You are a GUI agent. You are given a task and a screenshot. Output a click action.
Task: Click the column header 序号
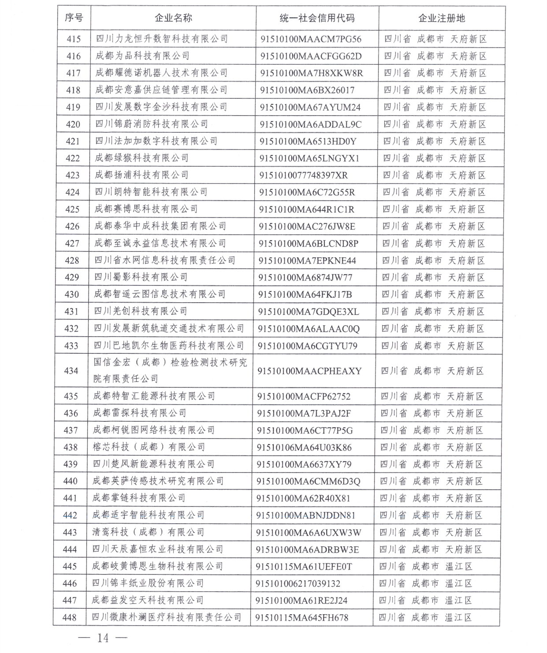74,18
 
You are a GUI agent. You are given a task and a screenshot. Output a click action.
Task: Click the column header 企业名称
173,18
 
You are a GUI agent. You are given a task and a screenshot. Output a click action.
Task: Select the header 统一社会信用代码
317,18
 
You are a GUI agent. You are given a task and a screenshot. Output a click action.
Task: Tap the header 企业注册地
441,18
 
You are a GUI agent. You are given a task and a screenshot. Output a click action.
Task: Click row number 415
74,39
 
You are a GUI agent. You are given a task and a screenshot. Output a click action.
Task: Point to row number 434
71,371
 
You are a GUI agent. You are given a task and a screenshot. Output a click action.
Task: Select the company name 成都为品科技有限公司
142,56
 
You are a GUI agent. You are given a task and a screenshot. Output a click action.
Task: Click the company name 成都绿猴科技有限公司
141,158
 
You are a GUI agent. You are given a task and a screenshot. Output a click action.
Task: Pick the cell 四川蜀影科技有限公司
141,277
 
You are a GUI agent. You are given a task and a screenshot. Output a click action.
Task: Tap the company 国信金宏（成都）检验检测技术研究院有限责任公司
170,370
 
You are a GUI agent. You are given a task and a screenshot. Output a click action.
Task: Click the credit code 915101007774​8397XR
303,175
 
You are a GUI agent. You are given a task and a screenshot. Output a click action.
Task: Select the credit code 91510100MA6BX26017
307,90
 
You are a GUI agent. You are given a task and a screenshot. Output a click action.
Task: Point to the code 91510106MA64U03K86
304,447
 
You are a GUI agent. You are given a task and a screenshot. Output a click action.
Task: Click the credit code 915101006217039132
298,583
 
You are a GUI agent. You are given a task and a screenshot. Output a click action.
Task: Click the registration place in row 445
425,567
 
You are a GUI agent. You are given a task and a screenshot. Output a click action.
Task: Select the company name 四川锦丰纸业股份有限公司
148,583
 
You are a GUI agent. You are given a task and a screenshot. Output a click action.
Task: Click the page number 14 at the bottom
103,638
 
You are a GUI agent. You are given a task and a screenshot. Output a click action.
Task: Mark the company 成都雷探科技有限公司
140,413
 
